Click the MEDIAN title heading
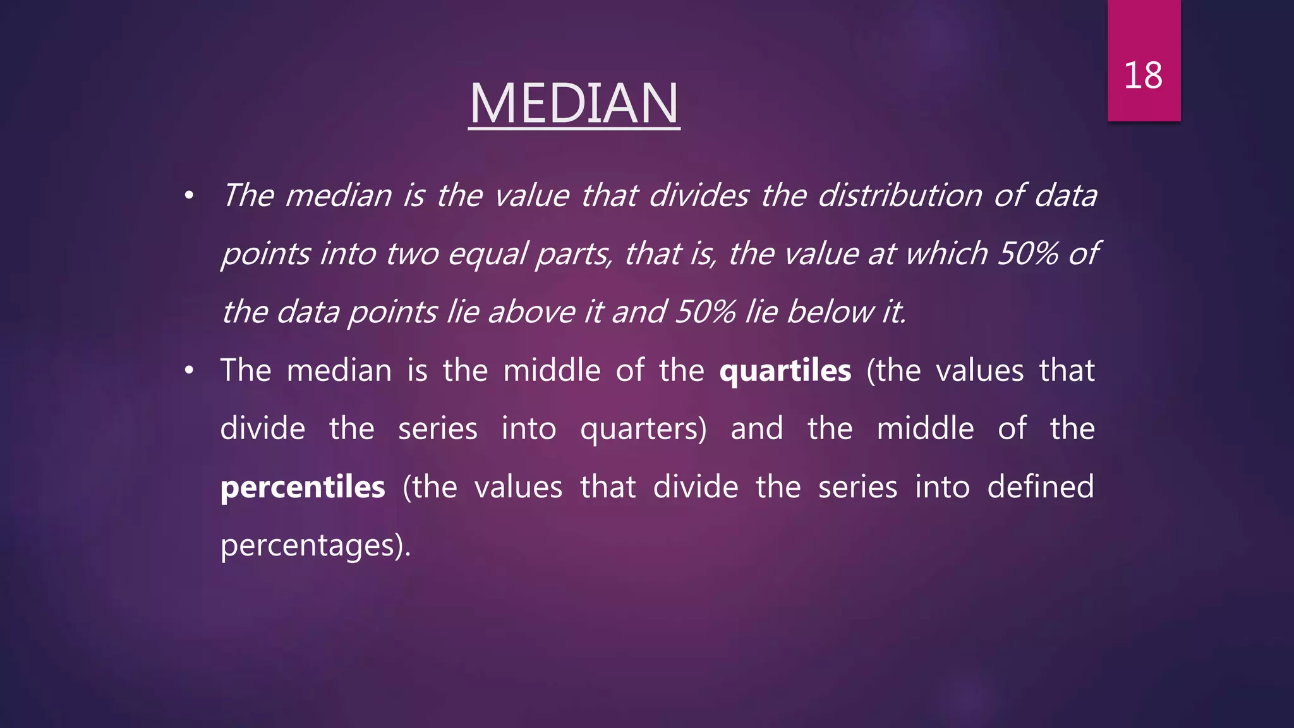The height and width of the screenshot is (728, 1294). coord(574,104)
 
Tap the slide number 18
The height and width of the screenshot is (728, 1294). coord(1143,76)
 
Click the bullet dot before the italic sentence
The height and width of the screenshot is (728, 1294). coord(189,197)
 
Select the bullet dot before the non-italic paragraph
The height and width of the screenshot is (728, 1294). coord(189,372)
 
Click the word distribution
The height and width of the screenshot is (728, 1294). coord(900,195)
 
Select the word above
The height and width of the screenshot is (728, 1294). coord(535,312)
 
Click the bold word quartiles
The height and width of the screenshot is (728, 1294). coord(785,371)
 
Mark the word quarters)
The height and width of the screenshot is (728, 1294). coord(643,430)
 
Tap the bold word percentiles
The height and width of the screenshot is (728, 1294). coord(303,488)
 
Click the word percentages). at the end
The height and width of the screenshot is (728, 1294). coord(315,546)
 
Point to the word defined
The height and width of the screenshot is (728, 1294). coord(1040,487)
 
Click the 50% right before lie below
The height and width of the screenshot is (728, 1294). coord(704,312)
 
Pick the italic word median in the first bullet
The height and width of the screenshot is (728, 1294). coord(339,195)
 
